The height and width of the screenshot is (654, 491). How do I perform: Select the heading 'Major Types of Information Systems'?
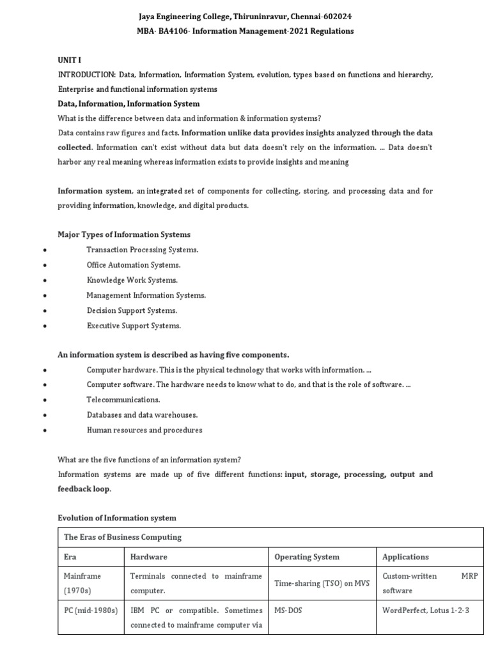[x=124, y=234]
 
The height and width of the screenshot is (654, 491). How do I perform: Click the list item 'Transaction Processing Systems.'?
[x=143, y=250]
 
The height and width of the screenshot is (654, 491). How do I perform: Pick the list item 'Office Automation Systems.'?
[x=134, y=265]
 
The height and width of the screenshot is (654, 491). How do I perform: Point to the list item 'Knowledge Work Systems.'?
[x=132, y=280]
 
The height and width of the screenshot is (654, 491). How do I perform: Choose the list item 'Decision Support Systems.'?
[x=132, y=310]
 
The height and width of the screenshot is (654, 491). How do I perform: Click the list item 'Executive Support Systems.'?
[x=134, y=326]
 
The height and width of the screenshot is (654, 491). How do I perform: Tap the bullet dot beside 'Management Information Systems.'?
[x=44, y=296]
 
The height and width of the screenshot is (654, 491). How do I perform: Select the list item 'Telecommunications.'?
[x=123, y=400]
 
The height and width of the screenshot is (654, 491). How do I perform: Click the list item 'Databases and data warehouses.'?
[x=142, y=415]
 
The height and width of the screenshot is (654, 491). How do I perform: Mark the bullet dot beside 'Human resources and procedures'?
[x=44, y=430]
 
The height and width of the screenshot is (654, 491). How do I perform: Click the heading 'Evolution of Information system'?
[x=117, y=518]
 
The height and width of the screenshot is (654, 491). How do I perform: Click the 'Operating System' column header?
[x=307, y=557]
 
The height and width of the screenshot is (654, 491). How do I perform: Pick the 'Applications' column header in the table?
[x=405, y=557]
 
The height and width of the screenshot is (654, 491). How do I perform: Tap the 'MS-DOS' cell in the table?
[x=288, y=611]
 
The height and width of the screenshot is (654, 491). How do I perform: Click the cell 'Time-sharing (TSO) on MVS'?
[x=322, y=584]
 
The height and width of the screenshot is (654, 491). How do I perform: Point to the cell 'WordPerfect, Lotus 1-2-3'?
[x=426, y=611]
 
